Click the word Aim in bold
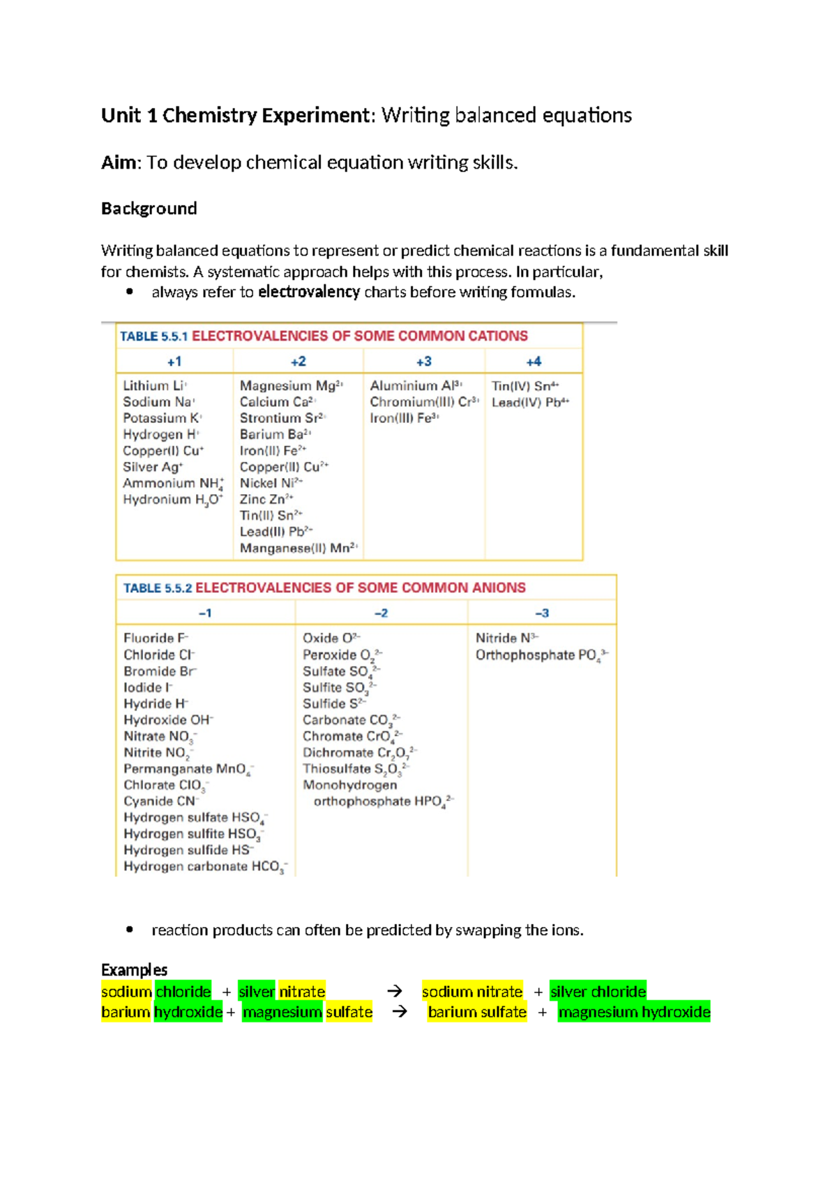pyautogui.click(x=119, y=163)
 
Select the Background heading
pyautogui.click(x=149, y=209)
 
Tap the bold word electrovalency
pyautogui.click(x=309, y=292)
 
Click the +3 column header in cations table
pyautogui.click(x=423, y=362)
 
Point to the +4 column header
pyautogui.click(x=534, y=362)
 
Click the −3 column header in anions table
pyautogui.click(x=542, y=613)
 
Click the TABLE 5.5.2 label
pyautogui.click(x=158, y=588)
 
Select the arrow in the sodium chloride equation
pyautogui.click(x=395, y=991)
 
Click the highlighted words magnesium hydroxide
pyautogui.click(x=634, y=1012)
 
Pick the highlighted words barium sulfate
pyautogui.click(x=477, y=1012)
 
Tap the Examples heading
pyautogui.click(x=134, y=970)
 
